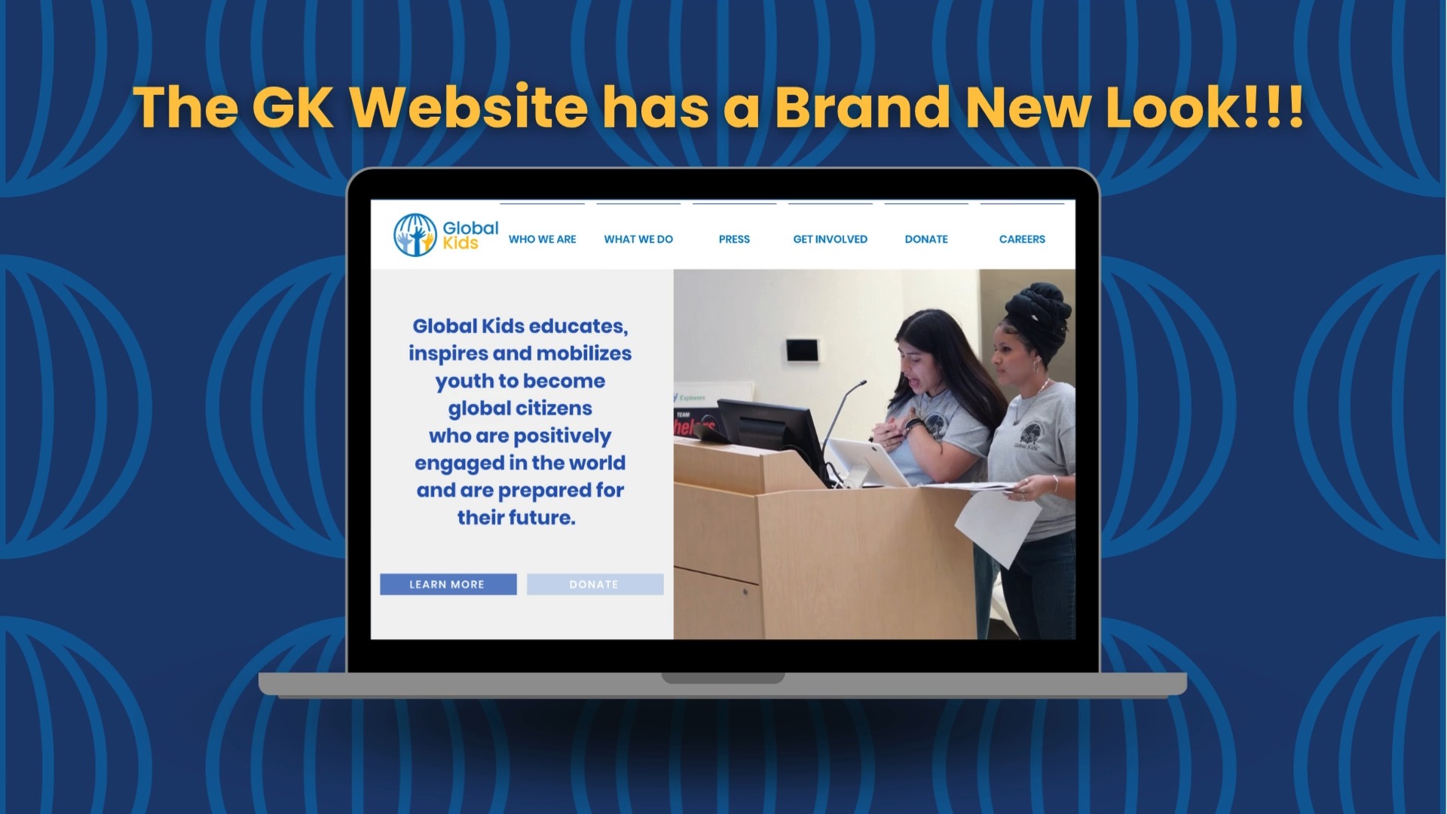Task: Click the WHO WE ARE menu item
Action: (x=542, y=239)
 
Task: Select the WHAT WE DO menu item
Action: (x=638, y=239)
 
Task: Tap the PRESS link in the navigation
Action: (x=734, y=239)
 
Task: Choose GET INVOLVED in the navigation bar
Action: (x=830, y=239)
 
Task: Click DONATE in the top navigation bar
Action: (x=926, y=239)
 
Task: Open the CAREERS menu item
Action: (x=1022, y=239)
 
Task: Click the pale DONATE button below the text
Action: (x=595, y=584)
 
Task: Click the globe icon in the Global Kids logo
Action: (x=415, y=234)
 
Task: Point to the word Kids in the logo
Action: (x=460, y=243)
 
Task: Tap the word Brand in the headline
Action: (x=861, y=107)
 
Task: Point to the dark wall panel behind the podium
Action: (x=802, y=350)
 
